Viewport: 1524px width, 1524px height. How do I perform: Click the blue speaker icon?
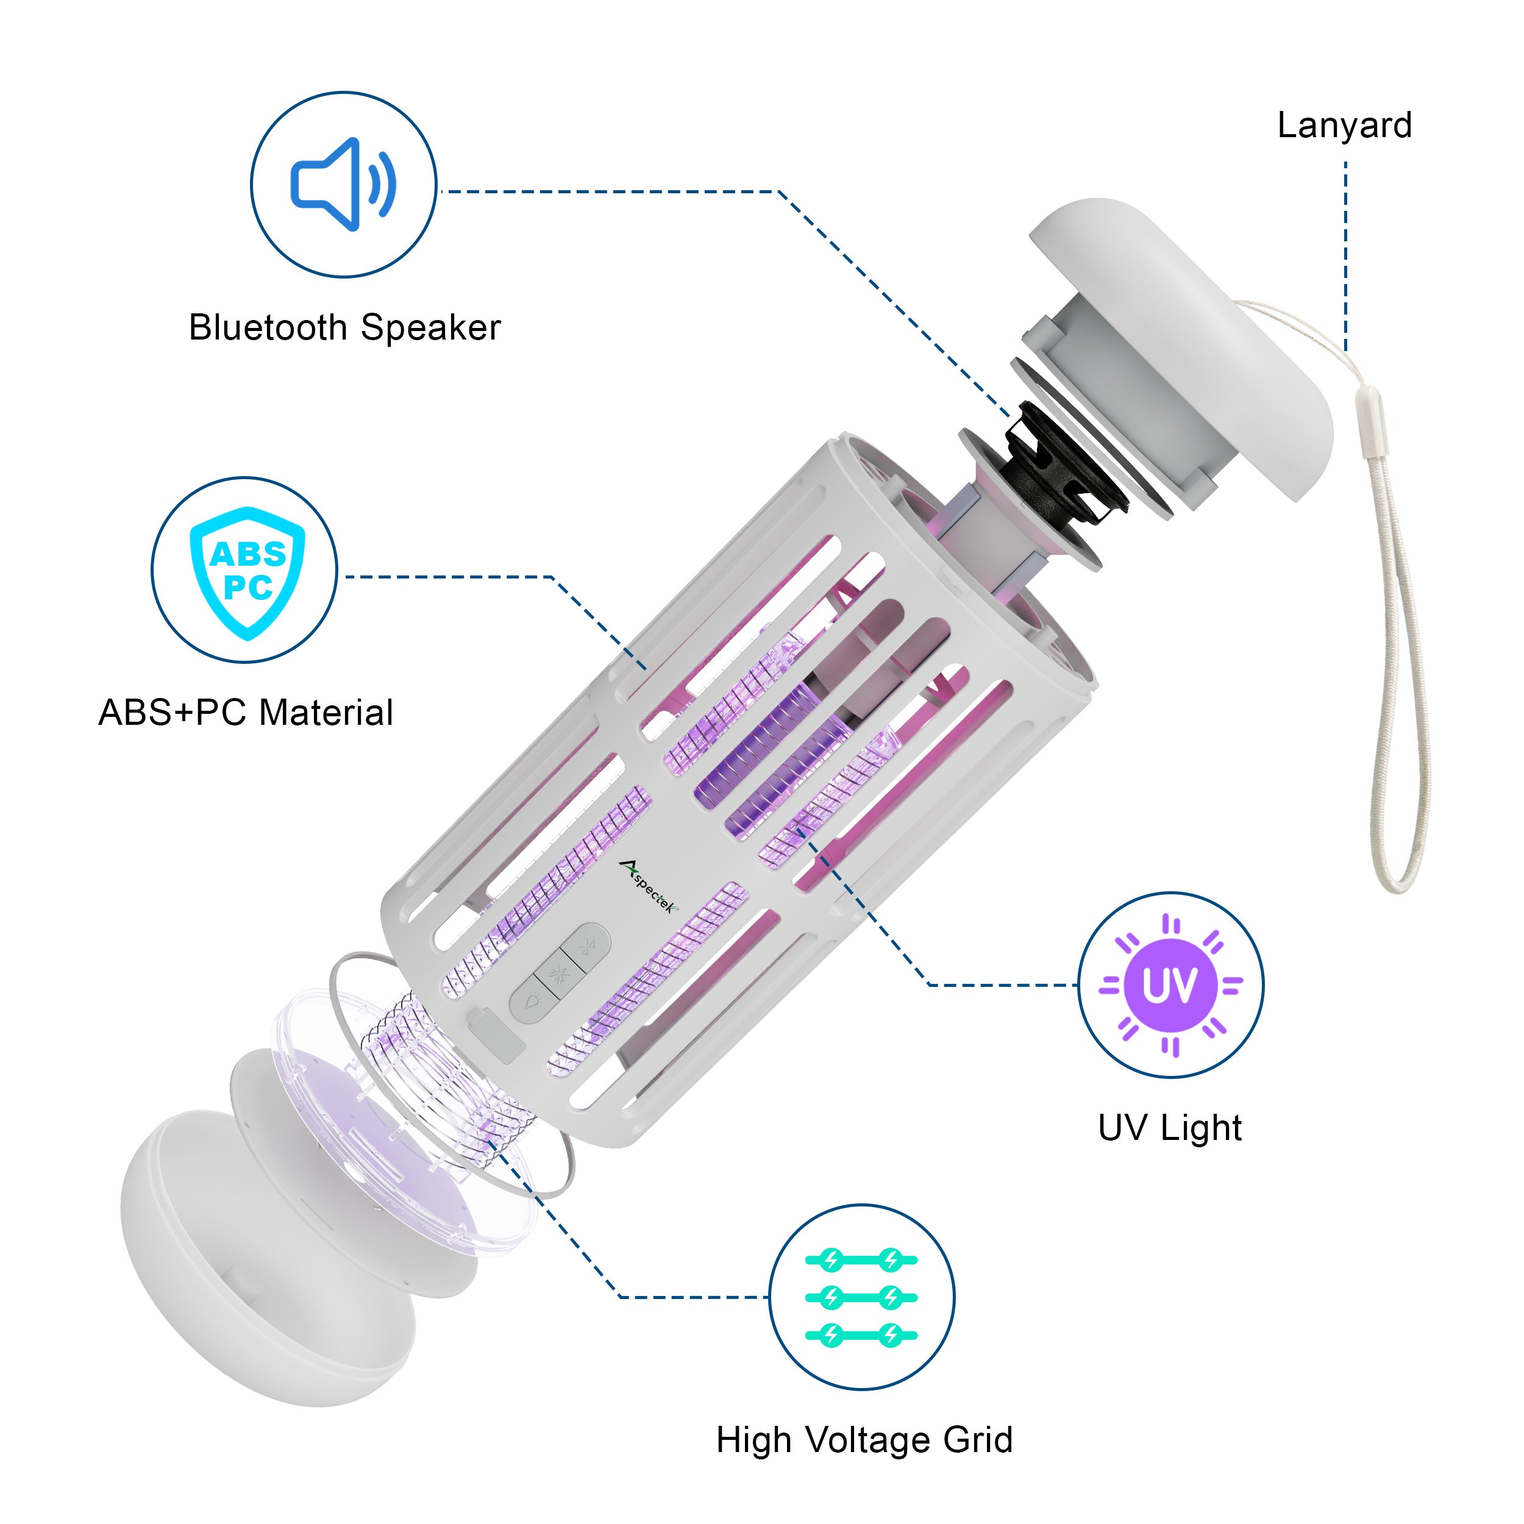(x=344, y=185)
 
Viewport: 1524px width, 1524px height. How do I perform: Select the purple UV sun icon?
(x=1170, y=985)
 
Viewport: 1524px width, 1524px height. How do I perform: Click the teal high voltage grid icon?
(x=861, y=1298)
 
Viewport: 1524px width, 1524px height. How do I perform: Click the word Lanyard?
(x=1344, y=126)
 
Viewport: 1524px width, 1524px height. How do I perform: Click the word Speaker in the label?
(x=431, y=328)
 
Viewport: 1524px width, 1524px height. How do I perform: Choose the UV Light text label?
(x=1170, y=1128)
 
